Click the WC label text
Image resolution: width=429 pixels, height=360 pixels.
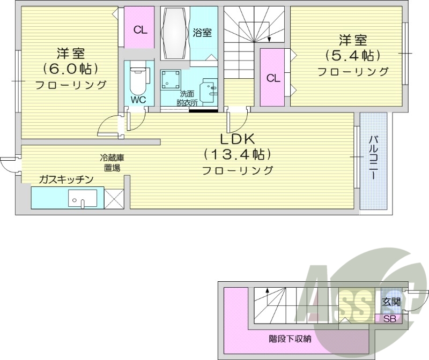click(138, 100)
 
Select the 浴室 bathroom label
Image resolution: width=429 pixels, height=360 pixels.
click(202, 33)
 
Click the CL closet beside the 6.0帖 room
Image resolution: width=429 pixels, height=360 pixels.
click(140, 30)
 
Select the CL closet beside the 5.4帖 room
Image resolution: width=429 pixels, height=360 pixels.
click(273, 78)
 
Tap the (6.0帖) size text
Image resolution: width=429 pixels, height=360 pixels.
click(70, 69)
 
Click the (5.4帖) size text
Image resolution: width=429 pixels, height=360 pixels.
click(352, 55)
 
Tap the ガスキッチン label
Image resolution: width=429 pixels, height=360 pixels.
click(66, 179)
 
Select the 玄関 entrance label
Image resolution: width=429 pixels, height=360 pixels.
click(391, 302)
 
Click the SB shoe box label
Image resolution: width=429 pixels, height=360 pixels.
click(389, 319)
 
